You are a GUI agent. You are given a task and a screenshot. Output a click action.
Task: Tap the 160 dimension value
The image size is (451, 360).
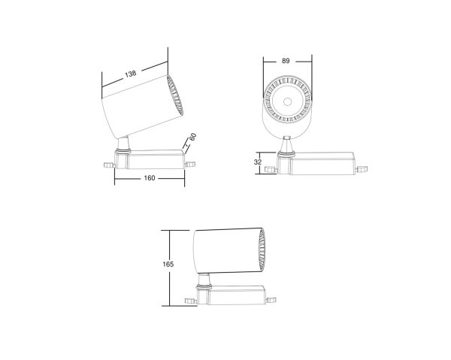150,180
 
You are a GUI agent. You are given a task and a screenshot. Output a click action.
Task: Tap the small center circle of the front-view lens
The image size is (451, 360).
288,101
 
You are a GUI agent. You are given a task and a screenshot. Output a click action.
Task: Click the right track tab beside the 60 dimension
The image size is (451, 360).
189,160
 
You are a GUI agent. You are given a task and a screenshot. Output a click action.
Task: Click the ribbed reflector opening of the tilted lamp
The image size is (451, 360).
176,98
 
